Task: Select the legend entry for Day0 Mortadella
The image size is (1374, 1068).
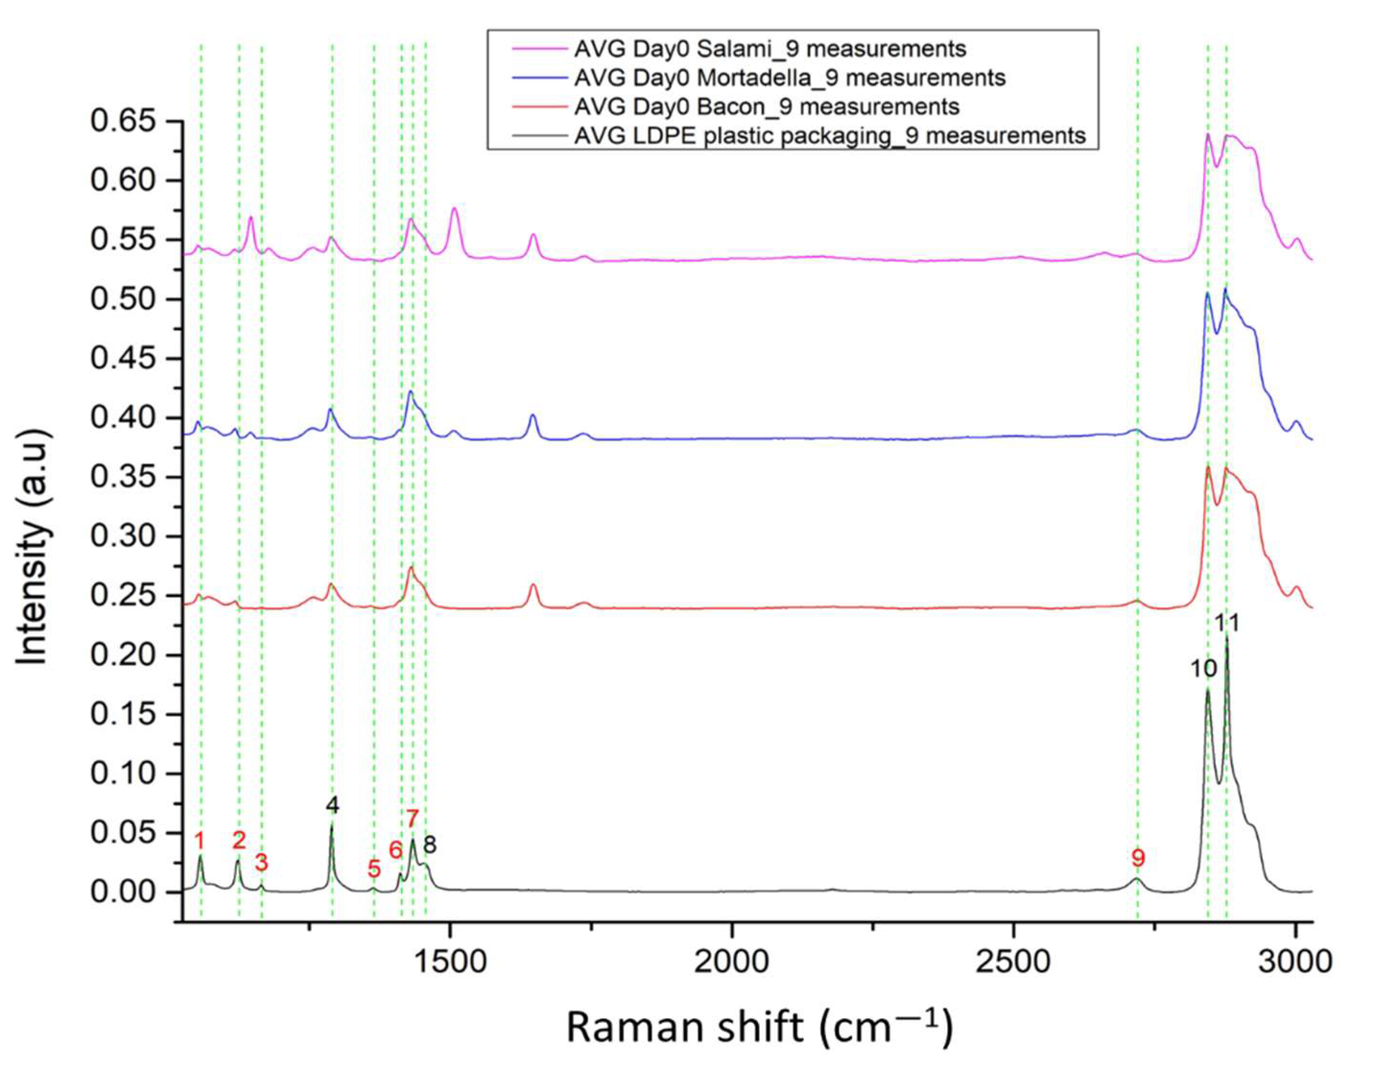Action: pyautogui.click(x=789, y=78)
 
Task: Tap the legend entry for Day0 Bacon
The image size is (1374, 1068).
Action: pyautogui.click(x=766, y=107)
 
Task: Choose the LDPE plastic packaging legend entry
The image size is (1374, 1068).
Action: pyautogui.click(x=829, y=136)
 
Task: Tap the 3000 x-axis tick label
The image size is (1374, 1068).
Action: pyautogui.click(x=1295, y=962)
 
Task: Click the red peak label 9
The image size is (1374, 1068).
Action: pyautogui.click(x=1138, y=858)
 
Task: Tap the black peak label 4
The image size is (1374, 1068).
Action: pyautogui.click(x=332, y=805)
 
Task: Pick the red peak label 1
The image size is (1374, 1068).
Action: pyautogui.click(x=200, y=840)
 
